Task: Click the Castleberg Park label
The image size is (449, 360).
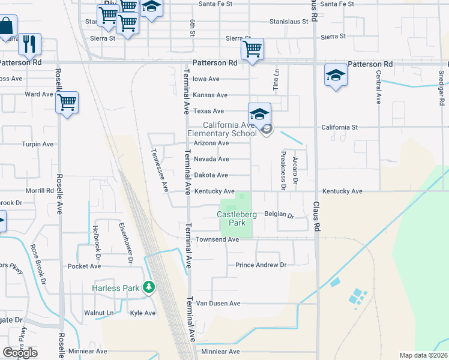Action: click(x=234, y=218)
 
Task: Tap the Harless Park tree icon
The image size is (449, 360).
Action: click(x=149, y=287)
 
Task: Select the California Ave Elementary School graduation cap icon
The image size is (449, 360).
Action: click(x=259, y=114)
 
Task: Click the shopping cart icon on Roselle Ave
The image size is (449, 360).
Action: click(x=67, y=102)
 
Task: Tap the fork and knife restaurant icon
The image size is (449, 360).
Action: click(x=29, y=44)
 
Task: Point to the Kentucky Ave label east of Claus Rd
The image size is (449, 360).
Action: click(x=342, y=191)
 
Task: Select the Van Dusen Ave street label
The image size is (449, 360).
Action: click(x=218, y=304)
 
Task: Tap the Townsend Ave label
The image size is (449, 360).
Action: click(x=217, y=239)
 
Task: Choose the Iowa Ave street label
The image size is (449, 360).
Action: click(x=206, y=79)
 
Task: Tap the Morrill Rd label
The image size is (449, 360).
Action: click(x=40, y=191)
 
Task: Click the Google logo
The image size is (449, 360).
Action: click(x=20, y=353)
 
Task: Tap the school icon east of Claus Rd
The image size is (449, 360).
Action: click(x=336, y=76)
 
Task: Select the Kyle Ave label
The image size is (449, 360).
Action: click(x=143, y=313)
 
